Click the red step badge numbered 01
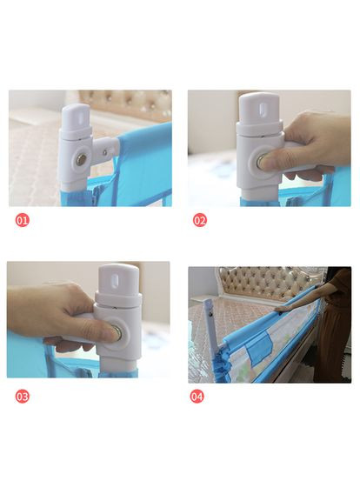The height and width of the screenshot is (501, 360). tap(22, 220)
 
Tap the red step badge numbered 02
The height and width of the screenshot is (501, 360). tap(200, 220)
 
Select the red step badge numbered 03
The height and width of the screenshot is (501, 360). tap(22, 397)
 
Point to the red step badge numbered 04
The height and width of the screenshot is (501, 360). tap(197, 397)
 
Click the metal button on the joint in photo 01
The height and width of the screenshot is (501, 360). tap(81, 159)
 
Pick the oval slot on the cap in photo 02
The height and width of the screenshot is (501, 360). tap(262, 108)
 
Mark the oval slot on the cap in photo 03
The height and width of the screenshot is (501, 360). tap(115, 280)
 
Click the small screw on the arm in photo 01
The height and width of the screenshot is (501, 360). tap(105, 152)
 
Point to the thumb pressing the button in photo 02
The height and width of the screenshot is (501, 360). tap(271, 161)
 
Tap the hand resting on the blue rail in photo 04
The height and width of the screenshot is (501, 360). tap(283, 308)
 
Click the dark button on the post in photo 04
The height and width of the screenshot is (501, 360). tap(210, 314)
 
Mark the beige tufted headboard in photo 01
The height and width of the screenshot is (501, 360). tap(125, 104)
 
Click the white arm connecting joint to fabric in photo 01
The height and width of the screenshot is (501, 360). tap(105, 150)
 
